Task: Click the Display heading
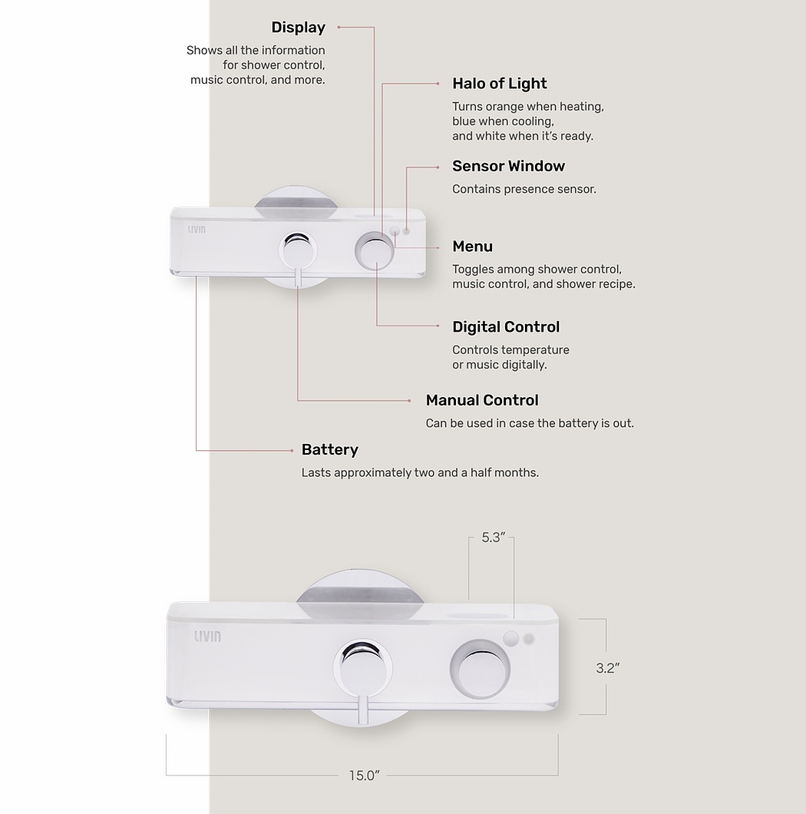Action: pyautogui.click(x=298, y=28)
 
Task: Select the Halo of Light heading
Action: pyautogui.click(x=499, y=84)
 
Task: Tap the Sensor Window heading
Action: pyautogui.click(x=508, y=166)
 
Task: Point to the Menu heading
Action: pyautogui.click(x=472, y=247)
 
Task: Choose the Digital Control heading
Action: pyautogui.click(x=506, y=327)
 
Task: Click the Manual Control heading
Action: pyautogui.click(x=482, y=400)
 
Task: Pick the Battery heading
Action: pyautogui.click(x=329, y=450)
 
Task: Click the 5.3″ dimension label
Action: pyautogui.click(x=492, y=538)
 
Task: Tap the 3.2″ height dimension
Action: pyautogui.click(x=607, y=668)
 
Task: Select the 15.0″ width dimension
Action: pyautogui.click(x=364, y=776)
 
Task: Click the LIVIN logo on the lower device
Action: pyautogui.click(x=207, y=636)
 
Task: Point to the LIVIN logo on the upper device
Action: pyautogui.click(x=197, y=229)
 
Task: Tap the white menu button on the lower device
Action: pyautogui.click(x=512, y=637)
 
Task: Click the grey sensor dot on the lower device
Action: pyautogui.click(x=529, y=638)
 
